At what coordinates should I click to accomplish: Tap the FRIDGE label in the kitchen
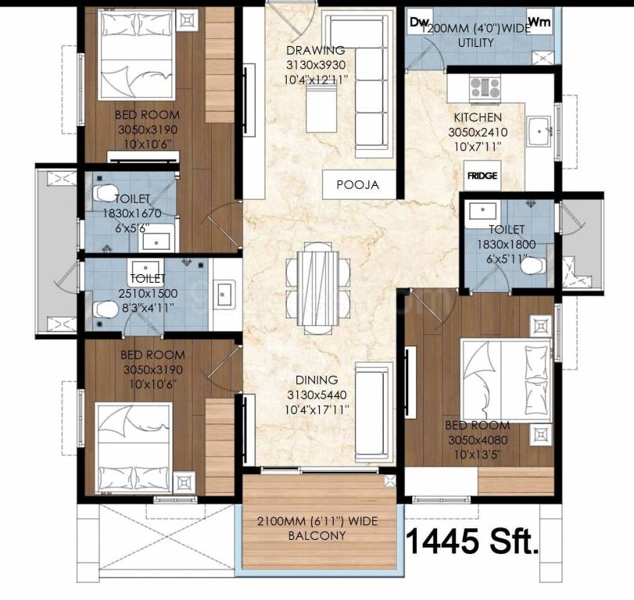pyautogui.click(x=482, y=177)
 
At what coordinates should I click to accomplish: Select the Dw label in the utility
pyautogui.click(x=421, y=22)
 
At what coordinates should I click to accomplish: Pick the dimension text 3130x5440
pyautogui.click(x=316, y=395)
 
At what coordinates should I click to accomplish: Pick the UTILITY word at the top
pyautogui.click(x=475, y=42)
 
